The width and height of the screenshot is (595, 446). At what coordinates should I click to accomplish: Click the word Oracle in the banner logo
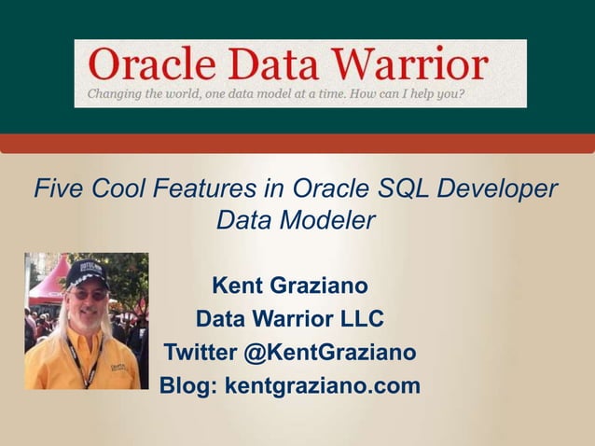149,65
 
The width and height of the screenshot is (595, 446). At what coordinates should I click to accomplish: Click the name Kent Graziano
290,284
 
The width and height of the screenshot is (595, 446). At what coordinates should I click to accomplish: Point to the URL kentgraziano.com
323,385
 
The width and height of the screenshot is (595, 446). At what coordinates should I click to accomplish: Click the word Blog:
188,384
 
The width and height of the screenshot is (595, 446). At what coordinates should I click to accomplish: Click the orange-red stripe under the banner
297,143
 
